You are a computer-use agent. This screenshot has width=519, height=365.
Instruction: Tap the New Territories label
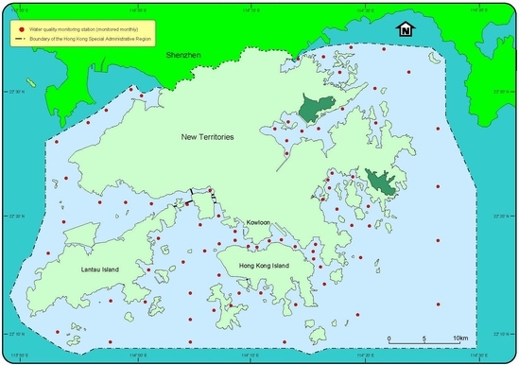(208, 138)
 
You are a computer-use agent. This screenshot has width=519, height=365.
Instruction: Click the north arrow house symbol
(406, 30)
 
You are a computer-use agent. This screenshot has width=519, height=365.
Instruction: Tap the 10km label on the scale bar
(460, 339)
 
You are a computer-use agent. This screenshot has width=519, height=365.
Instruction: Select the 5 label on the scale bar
(424, 339)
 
